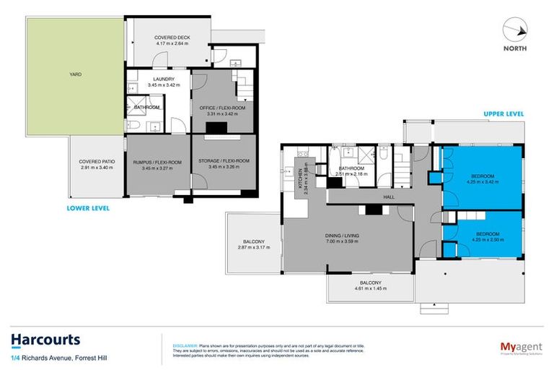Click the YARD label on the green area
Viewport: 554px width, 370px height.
[75, 73]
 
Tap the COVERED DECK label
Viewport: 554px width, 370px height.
[172, 38]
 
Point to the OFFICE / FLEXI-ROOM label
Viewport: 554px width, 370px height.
[222, 108]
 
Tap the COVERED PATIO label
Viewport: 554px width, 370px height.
[97, 162]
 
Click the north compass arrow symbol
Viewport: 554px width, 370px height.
[516, 31]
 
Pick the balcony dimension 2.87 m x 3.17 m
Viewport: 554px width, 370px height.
[253, 248]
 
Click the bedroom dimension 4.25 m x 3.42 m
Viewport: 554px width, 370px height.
[483, 182]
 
